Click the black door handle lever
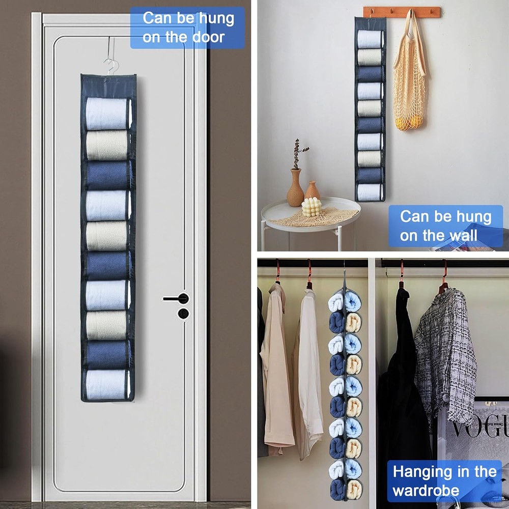176,299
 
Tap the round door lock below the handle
183,313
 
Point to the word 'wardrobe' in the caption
426,491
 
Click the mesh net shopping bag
409,76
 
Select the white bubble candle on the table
312,208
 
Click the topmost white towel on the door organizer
107,114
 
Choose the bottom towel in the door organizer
106,384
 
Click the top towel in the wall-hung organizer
370,39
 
